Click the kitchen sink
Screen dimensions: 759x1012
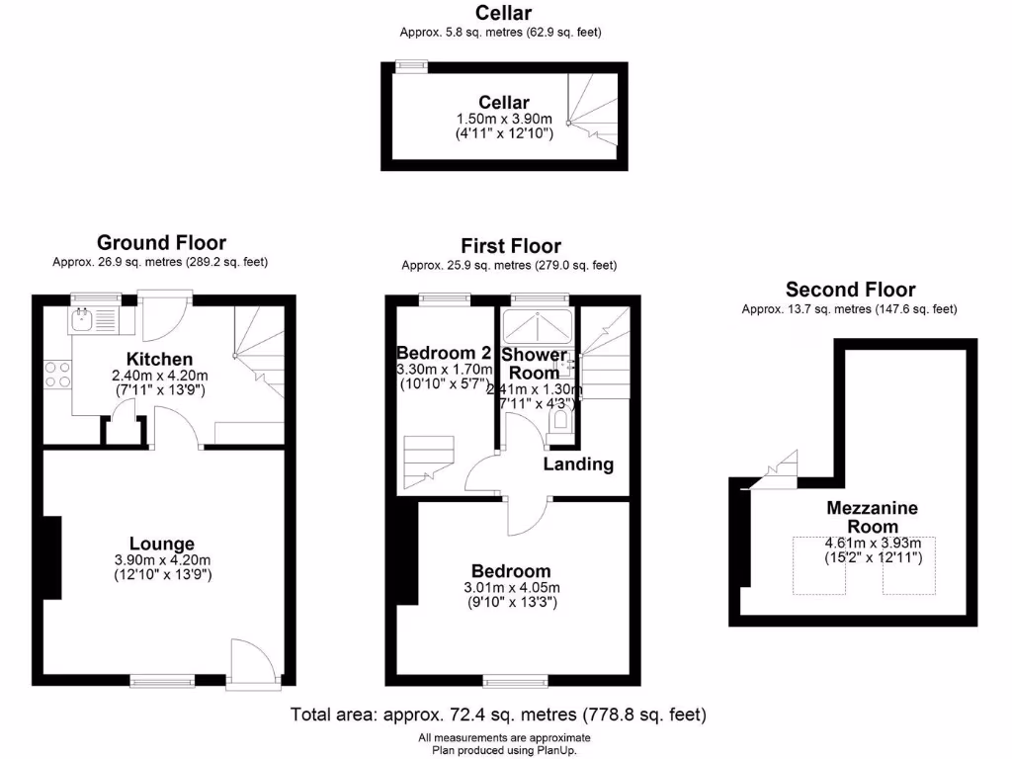pos(81,319)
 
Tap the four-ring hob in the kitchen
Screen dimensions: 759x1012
pos(57,374)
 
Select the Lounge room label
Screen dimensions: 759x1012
pos(162,544)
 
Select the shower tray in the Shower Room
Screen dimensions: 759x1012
pos(535,326)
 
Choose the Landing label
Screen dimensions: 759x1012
pos(578,464)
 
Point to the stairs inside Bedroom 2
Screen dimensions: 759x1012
pos(427,460)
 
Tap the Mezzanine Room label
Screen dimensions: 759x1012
pos(873,517)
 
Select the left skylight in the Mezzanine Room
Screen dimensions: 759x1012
pos(818,566)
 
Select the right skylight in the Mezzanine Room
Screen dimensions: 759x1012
pos(908,566)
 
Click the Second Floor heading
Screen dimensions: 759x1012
pos(850,290)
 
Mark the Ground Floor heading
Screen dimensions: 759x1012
pos(161,242)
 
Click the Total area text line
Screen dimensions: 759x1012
pos(498,714)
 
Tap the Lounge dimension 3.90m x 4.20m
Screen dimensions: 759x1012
pos(161,560)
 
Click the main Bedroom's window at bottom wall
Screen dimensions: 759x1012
pos(514,680)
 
